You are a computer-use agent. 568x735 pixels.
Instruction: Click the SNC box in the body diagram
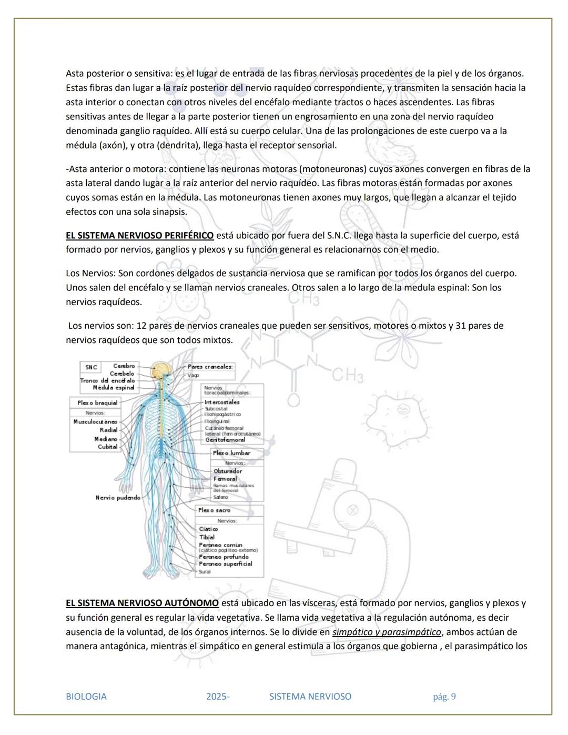pos(91,367)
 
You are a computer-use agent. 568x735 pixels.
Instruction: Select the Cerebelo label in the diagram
pos(122,374)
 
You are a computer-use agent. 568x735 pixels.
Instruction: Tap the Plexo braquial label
pos(97,403)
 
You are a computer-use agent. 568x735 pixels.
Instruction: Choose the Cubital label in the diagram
pos(107,447)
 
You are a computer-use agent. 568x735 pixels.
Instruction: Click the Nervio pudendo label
pos(118,498)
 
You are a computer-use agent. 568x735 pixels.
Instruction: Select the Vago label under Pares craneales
pos(193,376)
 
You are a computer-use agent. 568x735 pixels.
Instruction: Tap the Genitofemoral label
pos(225,440)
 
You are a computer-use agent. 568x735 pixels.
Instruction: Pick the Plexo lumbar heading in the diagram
pos(231,453)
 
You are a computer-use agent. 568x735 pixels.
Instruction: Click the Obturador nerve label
pos(228,471)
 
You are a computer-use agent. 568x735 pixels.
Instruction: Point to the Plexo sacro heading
pos(214,510)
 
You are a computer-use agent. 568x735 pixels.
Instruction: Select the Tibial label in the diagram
pos(207,537)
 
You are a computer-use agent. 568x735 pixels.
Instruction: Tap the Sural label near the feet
pos(205,572)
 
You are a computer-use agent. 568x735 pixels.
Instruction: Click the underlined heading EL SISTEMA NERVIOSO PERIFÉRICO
pos(139,236)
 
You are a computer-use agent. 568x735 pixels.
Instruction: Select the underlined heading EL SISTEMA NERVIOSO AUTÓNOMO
pos(142,603)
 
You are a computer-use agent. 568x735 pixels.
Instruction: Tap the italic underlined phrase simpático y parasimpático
pos(387,632)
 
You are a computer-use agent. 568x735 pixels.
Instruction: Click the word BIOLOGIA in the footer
pos(86,697)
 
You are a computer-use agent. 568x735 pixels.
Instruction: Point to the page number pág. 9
pos(444,697)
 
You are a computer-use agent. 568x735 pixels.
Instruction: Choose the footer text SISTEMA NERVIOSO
pos(310,697)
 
